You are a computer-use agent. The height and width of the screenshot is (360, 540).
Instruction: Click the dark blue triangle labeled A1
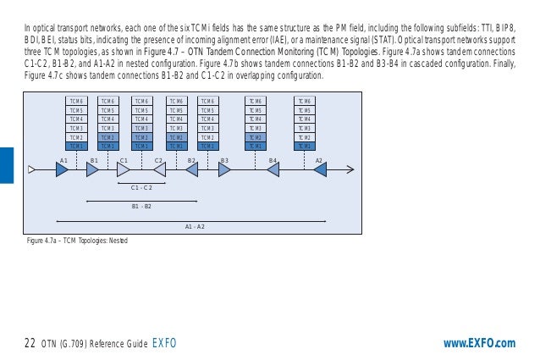pyautogui.click(x=62, y=169)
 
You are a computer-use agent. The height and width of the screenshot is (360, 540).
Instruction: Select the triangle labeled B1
pyautogui.click(x=92, y=169)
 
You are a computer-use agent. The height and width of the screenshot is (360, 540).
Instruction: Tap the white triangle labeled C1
pyautogui.click(x=123, y=169)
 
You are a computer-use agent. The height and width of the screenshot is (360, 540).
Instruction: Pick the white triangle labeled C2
pyautogui.click(x=158, y=169)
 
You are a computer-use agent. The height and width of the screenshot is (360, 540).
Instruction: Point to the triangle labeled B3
pyautogui.click(x=224, y=169)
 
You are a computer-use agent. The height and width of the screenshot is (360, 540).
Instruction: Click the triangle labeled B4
pyautogui.click(x=273, y=169)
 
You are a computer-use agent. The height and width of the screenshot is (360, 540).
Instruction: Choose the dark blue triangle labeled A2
pyautogui.click(x=320, y=169)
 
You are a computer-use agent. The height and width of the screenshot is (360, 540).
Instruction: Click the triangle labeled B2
pyautogui.click(x=192, y=169)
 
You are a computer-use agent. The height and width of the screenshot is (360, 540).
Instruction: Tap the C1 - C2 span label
pyautogui.click(x=141, y=187)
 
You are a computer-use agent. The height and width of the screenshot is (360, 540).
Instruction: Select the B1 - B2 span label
pyautogui.click(x=141, y=206)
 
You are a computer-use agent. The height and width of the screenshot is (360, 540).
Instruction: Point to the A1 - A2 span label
pyautogui.click(x=195, y=226)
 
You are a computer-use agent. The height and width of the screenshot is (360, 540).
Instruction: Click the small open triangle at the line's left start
pyautogui.click(x=32, y=169)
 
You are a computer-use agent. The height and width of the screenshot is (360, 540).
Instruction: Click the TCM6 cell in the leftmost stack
pyautogui.click(x=75, y=101)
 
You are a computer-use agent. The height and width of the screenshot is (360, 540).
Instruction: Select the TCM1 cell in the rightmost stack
pyautogui.click(x=305, y=146)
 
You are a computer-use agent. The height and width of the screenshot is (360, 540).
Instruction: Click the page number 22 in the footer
pyautogui.click(x=30, y=343)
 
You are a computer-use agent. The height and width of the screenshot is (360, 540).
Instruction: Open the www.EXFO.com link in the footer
pyautogui.click(x=479, y=343)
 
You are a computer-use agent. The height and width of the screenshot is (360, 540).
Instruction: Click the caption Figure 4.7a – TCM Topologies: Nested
pyautogui.click(x=77, y=241)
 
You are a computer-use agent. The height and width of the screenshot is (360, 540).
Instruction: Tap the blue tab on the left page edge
pyautogui.click(x=7, y=164)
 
